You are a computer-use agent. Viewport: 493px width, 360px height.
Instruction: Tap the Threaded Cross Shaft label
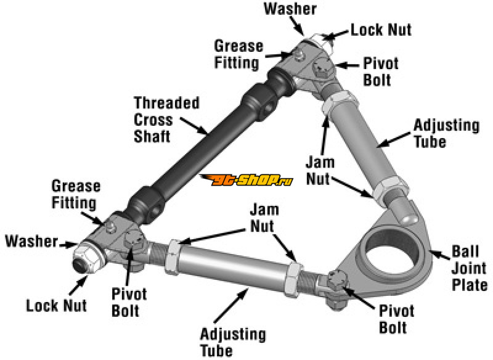coord(166,120)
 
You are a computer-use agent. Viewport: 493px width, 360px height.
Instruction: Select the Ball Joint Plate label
coord(470,268)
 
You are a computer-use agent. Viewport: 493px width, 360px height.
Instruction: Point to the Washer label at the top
coord(290,9)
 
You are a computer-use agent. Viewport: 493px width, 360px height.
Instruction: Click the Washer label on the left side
coord(32,241)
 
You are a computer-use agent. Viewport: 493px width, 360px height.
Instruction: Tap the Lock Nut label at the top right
coord(381,30)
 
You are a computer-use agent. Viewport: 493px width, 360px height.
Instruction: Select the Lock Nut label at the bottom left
coord(56,306)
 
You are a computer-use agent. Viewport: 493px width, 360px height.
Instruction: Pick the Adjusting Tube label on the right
coord(446,133)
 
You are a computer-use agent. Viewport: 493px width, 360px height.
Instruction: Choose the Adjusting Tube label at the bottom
coord(233,342)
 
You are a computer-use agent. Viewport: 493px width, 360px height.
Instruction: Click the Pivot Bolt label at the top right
coord(380,72)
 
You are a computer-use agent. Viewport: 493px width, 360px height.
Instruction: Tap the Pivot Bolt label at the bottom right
coord(396,319)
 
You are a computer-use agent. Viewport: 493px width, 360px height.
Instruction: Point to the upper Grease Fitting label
coord(238,54)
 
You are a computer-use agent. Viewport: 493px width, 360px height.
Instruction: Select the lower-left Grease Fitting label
coord(76,194)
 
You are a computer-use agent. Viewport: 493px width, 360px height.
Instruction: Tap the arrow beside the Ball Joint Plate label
coord(439,255)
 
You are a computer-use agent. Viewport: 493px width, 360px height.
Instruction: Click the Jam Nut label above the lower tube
coord(264,218)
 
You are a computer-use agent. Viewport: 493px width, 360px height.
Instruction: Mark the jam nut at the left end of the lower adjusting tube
coord(173,256)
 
